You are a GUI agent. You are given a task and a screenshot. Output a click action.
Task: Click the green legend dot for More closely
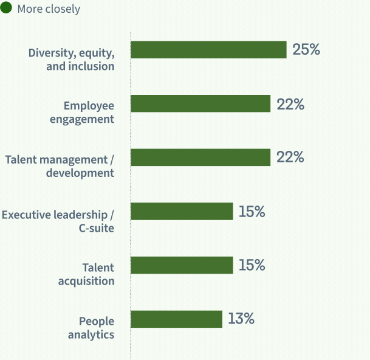click(7, 9)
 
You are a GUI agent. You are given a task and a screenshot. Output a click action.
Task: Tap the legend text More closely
click(49, 9)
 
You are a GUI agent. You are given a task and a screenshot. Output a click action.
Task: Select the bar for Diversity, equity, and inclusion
click(208, 50)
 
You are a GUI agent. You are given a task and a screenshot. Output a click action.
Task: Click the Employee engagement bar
click(200, 104)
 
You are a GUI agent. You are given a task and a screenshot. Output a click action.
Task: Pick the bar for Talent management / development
click(200, 157)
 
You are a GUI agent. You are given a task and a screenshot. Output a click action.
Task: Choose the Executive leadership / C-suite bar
click(182, 212)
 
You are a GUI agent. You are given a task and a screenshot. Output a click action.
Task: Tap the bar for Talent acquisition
click(182, 265)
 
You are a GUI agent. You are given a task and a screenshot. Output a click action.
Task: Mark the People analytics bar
click(176, 319)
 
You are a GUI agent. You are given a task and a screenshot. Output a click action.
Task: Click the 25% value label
click(306, 50)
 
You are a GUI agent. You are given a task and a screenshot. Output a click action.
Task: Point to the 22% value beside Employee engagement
click(290, 104)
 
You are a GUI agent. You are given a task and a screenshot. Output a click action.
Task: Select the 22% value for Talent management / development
click(290, 157)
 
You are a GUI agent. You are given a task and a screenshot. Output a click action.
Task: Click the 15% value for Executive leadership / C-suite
click(252, 212)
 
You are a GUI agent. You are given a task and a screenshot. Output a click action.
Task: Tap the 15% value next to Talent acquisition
click(252, 265)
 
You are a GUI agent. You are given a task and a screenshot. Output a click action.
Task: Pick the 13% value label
click(241, 319)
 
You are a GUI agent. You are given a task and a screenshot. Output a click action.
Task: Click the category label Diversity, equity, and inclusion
click(72, 59)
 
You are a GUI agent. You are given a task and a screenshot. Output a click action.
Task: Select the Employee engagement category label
click(83, 112)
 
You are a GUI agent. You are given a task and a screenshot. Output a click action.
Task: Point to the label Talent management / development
click(60, 166)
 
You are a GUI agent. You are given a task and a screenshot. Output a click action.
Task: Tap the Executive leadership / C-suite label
click(58, 221)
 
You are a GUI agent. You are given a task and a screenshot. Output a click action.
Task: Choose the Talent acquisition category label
click(87, 274)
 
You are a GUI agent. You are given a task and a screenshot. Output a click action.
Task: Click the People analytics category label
click(91, 327)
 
